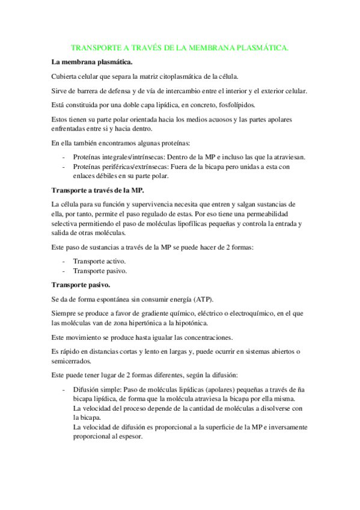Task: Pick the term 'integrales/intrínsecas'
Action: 132,157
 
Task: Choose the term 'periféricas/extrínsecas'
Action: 136,167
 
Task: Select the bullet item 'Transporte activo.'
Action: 100,261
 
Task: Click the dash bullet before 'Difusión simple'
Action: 64,390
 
